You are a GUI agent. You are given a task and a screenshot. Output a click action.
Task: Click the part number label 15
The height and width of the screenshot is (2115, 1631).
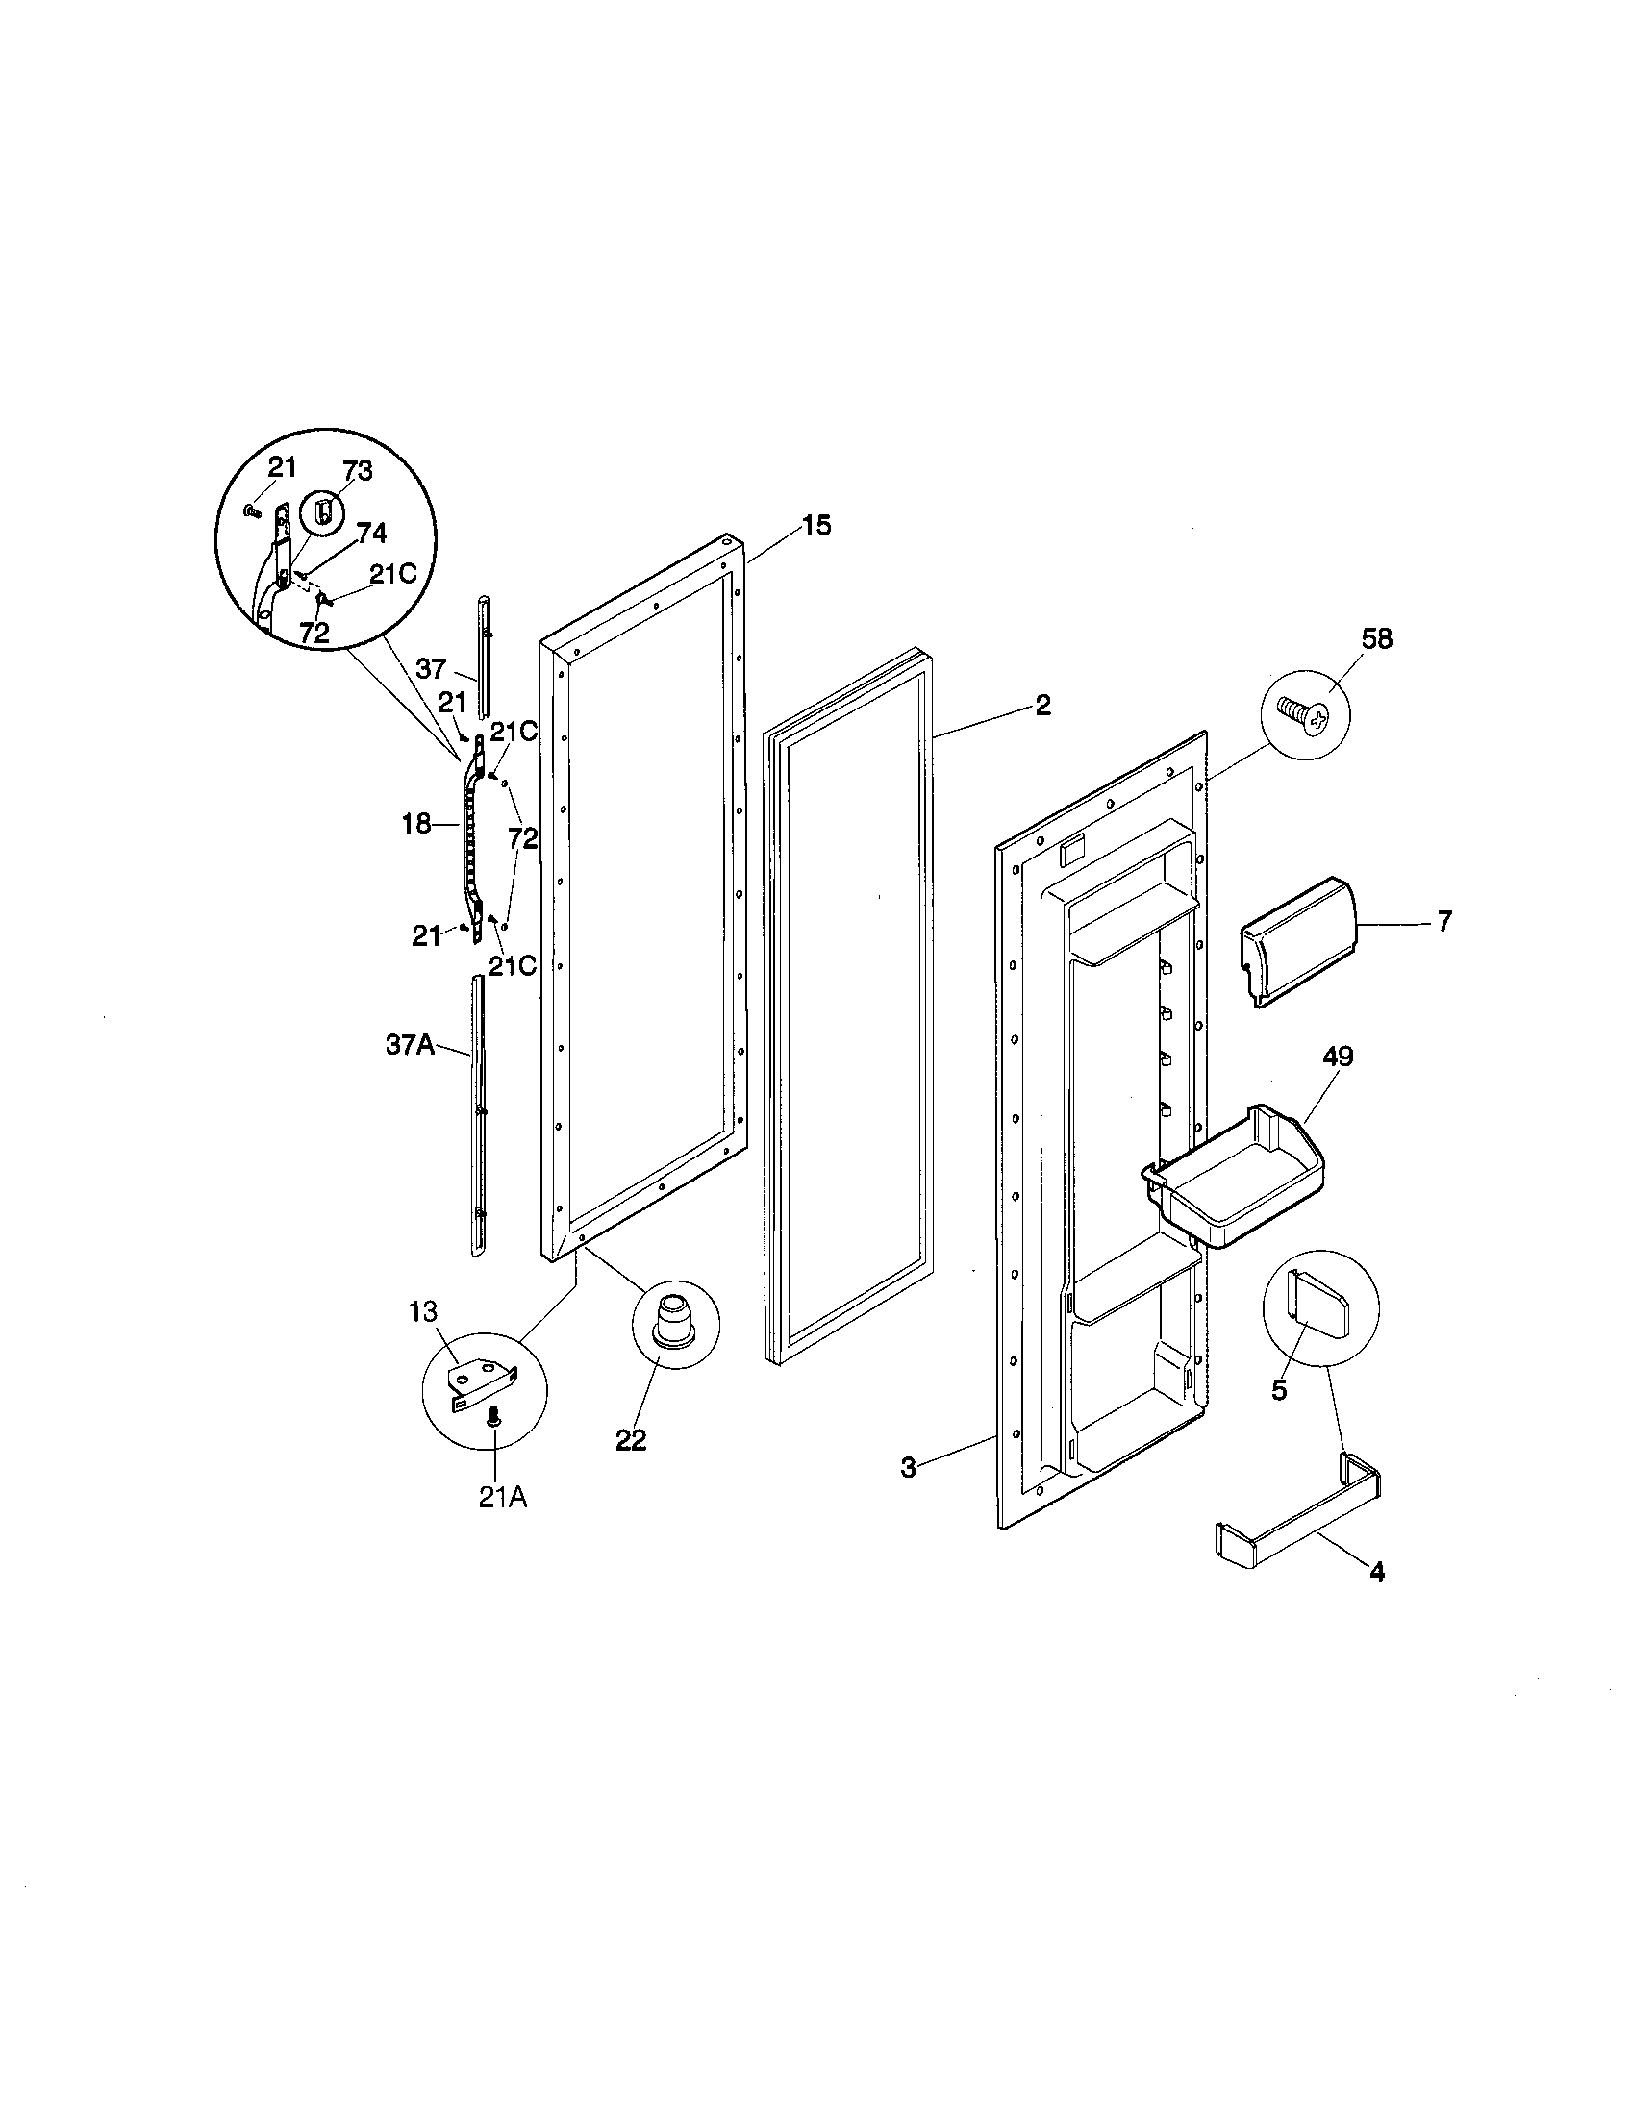(x=815, y=527)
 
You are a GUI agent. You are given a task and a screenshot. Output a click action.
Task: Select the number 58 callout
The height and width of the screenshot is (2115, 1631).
(x=1376, y=639)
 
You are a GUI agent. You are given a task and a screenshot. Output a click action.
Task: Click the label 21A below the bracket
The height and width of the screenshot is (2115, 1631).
(x=503, y=1498)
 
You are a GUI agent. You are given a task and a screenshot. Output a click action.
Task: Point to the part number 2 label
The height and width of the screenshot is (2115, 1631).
(x=1042, y=705)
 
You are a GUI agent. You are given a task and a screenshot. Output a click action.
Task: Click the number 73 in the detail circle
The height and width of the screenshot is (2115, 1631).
(x=357, y=473)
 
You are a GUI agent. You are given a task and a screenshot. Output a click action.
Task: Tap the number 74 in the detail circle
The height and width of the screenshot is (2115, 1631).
(x=371, y=533)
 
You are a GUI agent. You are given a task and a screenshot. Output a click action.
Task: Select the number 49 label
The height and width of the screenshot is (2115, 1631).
(x=1338, y=1057)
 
